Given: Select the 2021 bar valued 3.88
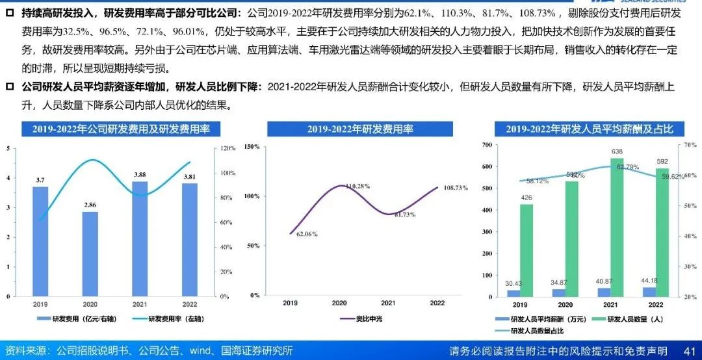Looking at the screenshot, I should pyautogui.click(x=140, y=238).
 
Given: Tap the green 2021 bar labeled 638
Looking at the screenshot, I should pyautogui.click(x=617, y=227).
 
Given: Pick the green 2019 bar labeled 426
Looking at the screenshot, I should pyautogui.click(x=526, y=251).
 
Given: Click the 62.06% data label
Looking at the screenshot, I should pyautogui.click(x=307, y=233).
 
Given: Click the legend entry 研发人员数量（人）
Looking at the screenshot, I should pyautogui.click(x=636, y=318).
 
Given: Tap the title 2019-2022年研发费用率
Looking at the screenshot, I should pyautogui.click(x=360, y=129).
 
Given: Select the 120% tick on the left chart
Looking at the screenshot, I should pyautogui.click(x=227, y=149).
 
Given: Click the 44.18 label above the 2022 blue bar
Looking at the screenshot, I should pyautogui.click(x=653, y=280).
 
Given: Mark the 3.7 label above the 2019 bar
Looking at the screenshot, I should pyautogui.click(x=40, y=179).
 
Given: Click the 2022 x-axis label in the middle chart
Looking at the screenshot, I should pyautogui.click(x=436, y=303).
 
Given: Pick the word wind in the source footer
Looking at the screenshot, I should pyautogui.click(x=201, y=352).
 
